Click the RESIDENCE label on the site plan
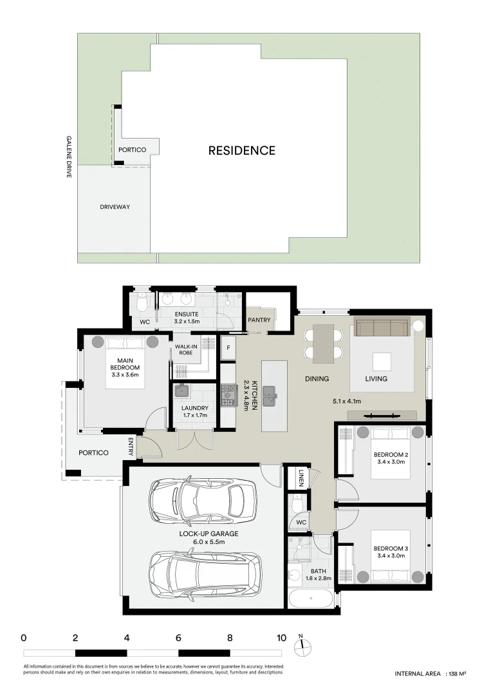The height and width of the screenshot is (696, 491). click(x=241, y=151)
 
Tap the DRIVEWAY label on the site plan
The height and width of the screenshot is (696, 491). click(x=115, y=207)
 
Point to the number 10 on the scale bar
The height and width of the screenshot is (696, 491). click(x=281, y=638)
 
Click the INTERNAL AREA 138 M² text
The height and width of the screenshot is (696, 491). click(x=430, y=673)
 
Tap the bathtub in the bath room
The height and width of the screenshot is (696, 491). click(x=311, y=598)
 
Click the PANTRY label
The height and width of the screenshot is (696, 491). click(x=259, y=320)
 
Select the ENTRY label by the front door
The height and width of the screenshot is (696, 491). click(x=131, y=446)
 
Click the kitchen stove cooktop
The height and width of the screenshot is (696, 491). click(x=228, y=396)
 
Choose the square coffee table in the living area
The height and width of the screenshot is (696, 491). click(x=382, y=362)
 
